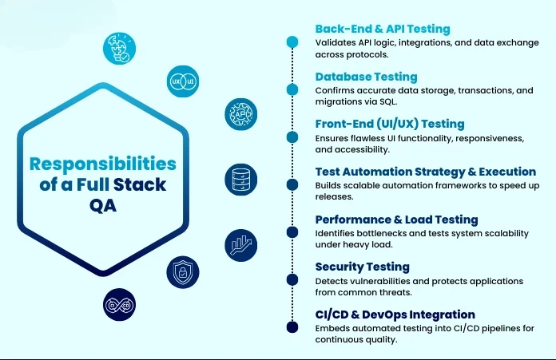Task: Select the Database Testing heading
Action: [x=366, y=77]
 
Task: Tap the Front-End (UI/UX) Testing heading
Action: [x=389, y=124]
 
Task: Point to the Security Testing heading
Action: [x=362, y=267]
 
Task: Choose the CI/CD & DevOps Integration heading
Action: [x=395, y=314]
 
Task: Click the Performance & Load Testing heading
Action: [x=396, y=220]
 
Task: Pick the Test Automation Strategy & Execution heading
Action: [x=425, y=172]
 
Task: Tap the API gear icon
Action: [x=240, y=114]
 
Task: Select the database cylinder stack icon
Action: [x=240, y=179]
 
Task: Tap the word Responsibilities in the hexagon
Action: [x=103, y=164]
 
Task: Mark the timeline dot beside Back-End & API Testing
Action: [x=292, y=42]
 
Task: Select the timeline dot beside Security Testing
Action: [x=292, y=279]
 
